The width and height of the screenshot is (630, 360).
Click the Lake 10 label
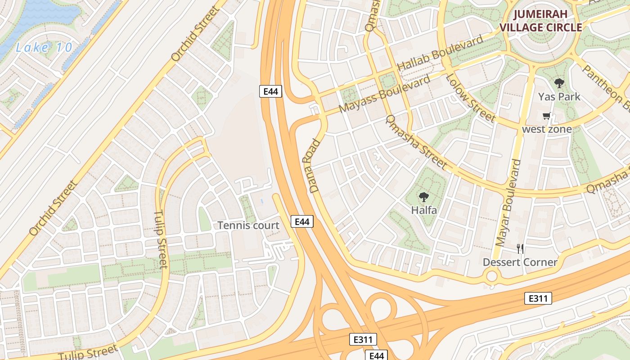(x=44, y=47)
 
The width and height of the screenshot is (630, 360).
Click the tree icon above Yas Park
(x=559, y=83)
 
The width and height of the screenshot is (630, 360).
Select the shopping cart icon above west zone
(x=547, y=116)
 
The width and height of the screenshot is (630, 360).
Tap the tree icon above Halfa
(x=423, y=197)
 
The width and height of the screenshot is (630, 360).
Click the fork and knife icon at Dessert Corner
(x=520, y=249)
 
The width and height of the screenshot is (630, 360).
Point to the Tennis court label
(x=248, y=225)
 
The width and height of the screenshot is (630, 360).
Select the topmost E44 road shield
(x=271, y=91)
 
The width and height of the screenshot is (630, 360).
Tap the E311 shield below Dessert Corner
(x=538, y=298)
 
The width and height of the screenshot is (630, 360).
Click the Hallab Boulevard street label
(x=440, y=53)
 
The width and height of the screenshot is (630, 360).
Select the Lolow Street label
(x=470, y=98)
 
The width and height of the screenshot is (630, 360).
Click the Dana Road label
(x=315, y=166)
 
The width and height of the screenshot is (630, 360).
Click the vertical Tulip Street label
(x=161, y=239)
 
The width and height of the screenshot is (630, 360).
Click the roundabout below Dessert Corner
(x=492, y=276)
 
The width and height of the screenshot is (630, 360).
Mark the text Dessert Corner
(x=520, y=262)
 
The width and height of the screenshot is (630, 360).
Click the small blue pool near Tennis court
(x=262, y=199)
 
